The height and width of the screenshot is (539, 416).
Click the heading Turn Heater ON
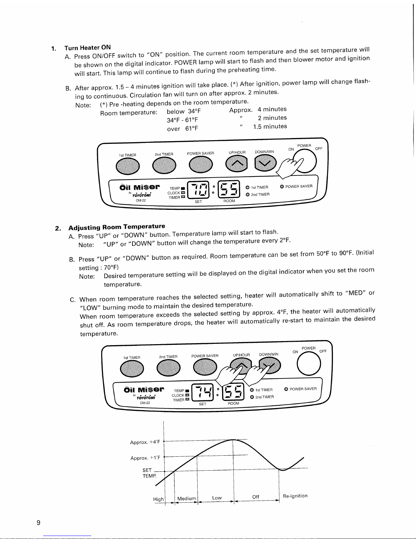click(x=87, y=47)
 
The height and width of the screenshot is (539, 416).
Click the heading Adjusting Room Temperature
click(x=116, y=227)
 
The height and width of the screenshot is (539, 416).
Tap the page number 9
click(x=38, y=523)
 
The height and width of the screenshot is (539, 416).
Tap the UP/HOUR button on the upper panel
click(x=236, y=163)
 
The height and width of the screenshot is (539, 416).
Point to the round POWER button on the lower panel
click(x=309, y=364)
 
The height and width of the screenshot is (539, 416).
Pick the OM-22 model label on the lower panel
click(x=145, y=403)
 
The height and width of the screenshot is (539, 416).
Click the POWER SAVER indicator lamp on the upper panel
click(x=282, y=186)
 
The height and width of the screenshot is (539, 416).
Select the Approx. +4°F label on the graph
click(x=145, y=442)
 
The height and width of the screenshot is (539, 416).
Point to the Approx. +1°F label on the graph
click(x=145, y=458)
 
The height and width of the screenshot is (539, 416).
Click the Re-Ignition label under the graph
click(x=295, y=496)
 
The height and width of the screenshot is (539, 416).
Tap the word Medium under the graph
click(x=186, y=498)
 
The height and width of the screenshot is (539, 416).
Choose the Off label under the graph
click(x=255, y=497)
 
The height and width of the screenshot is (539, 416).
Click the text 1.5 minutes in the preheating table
click(x=270, y=127)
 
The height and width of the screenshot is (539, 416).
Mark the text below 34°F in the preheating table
click(x=184, y=111)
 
